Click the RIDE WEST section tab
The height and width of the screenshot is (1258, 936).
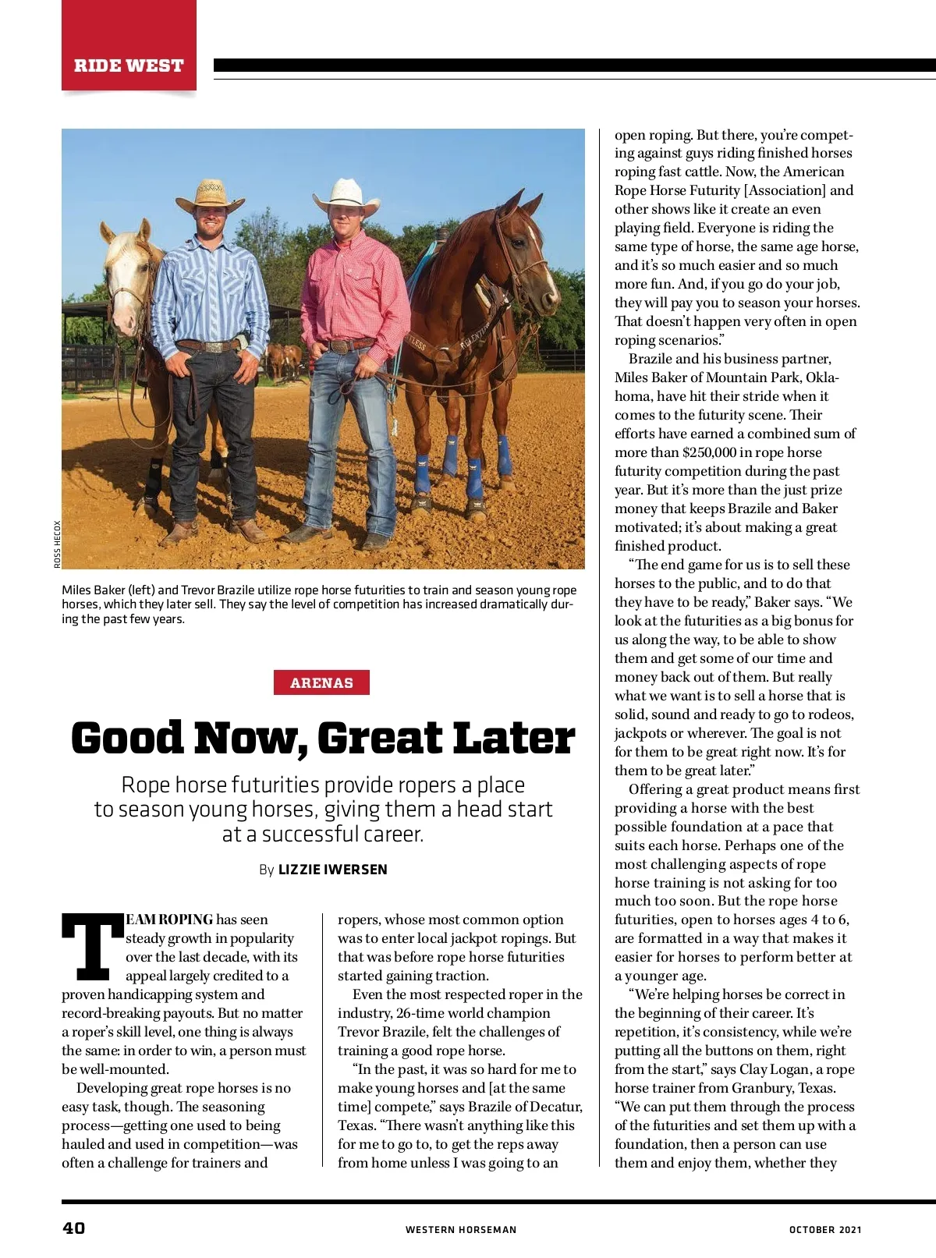pyautogui.click(x=129, y=66)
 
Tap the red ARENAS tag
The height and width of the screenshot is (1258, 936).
pyautogui.click(x=321, y=682)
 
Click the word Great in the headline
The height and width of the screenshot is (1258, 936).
pyautogui.click(x=381, y=738)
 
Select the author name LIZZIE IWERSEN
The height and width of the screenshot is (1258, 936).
pyautogui.click(x=332, y=869)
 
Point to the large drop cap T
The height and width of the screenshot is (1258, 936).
pyautogui.click(x=92, y=947)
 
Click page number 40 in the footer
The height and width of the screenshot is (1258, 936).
pyautogui.click(x=74, y=1228)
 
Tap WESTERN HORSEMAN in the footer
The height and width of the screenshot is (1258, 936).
pyautogui.click(x=460, y=1229)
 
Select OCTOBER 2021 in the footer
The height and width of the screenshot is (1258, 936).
pyautogui.click(x=825, y=1229)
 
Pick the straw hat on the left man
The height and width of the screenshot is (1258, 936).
pyautogui.click(x=209, y=195)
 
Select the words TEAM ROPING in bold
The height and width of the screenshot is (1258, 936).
pyautogui.click(x=169, y=920)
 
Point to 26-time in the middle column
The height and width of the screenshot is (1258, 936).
pyautogui.click(x=420, y=1013)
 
